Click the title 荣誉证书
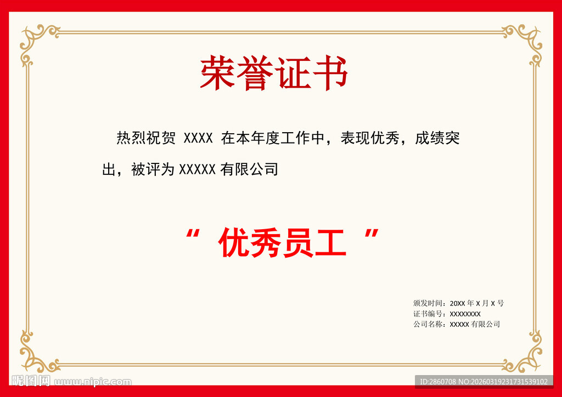coord(274,73)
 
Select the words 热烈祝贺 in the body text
coord(146,138)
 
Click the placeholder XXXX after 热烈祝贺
coord(198,138)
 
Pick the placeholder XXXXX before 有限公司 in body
coord(198,169)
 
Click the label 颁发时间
coord(429,303)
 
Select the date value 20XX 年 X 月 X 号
coord(476,303)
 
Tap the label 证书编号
coord(429,314)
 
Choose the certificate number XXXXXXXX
coord(465,314)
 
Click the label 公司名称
coord(429,324)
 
